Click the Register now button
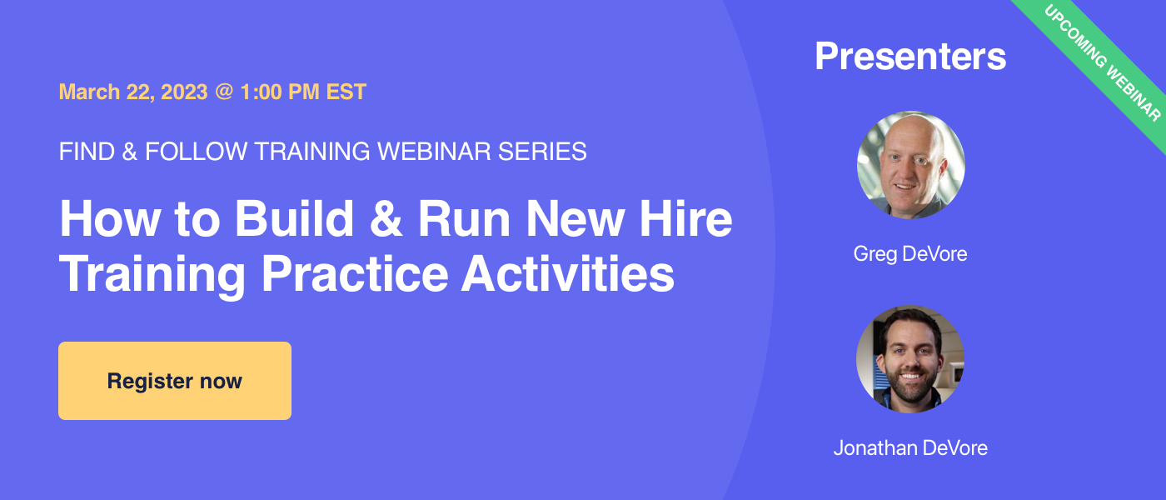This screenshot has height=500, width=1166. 175,381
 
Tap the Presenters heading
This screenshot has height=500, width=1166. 910,57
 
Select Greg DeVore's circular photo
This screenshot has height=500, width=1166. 911,165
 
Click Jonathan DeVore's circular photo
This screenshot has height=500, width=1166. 910,359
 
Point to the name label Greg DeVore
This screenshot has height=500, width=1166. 910,254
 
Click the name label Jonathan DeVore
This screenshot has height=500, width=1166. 910,448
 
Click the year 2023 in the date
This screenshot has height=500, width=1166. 184,92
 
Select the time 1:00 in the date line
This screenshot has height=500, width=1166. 261,92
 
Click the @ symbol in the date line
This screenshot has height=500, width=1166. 224,92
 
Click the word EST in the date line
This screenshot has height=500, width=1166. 346,92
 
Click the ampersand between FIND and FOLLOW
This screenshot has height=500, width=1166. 130,152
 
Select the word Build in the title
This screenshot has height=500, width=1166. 295,218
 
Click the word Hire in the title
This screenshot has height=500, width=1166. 685,218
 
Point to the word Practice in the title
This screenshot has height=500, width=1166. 355,274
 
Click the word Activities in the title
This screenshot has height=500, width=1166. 568,274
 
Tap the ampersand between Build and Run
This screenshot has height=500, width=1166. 386,218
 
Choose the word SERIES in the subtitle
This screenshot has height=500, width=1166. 542,152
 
